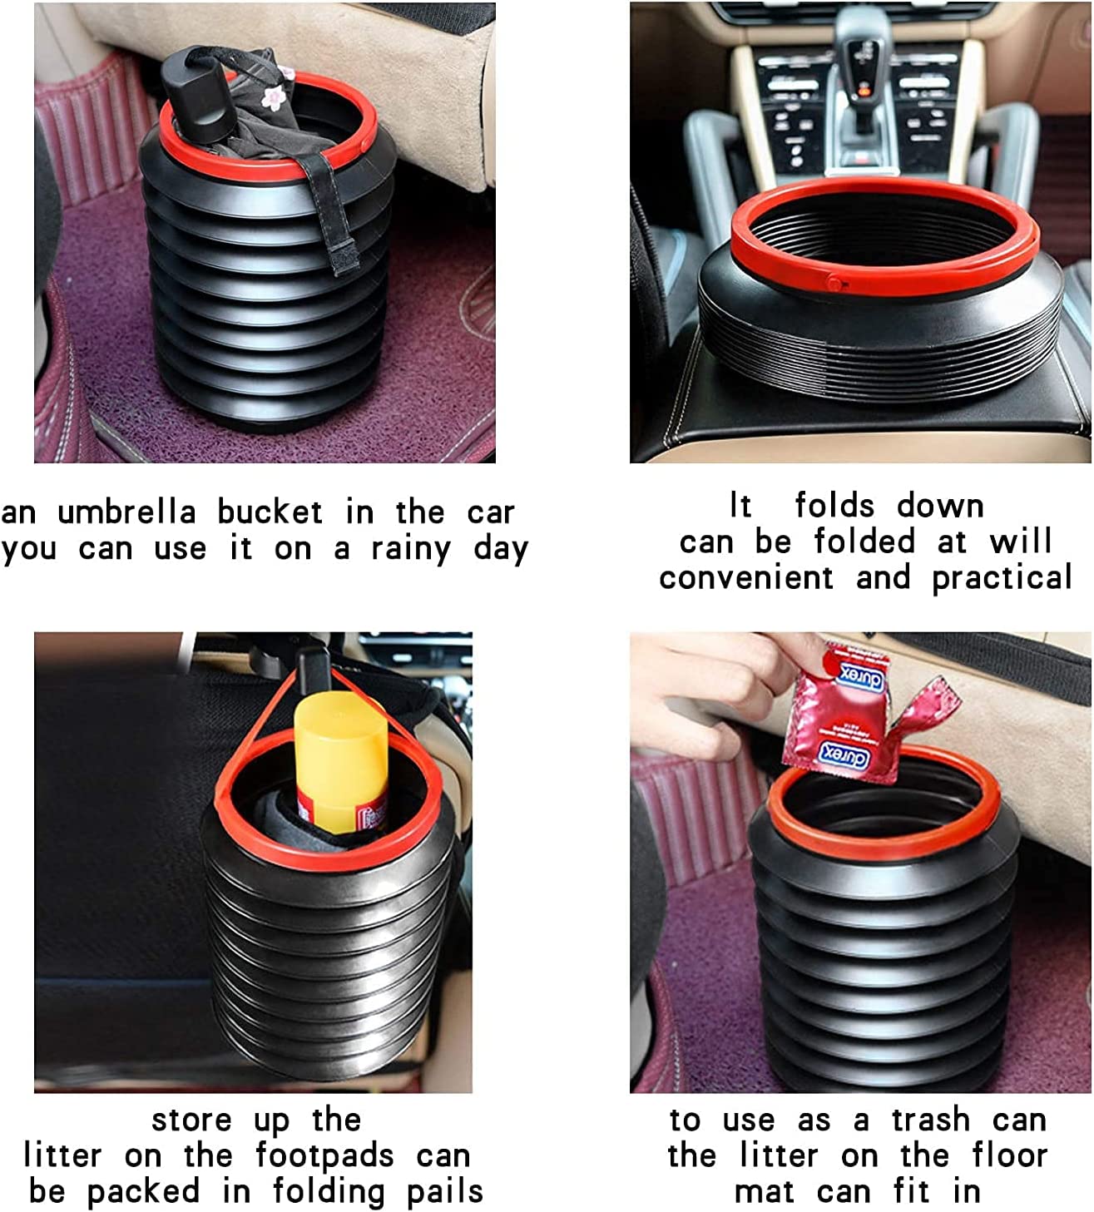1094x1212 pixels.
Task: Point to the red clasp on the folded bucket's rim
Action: (835, 282)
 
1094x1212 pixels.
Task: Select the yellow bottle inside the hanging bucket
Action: (341, 762)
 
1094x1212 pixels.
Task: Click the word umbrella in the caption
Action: (127, 512)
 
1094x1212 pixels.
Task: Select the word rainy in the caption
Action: (411, 550)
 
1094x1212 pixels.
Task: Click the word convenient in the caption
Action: (746, 577)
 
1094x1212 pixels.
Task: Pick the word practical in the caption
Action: (1002, 577)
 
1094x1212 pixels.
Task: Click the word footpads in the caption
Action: (324, 1155)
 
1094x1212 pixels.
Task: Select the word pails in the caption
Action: (445, 1192)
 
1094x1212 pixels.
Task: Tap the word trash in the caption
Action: (931, 1120)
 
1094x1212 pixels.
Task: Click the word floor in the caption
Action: (1009, 1155)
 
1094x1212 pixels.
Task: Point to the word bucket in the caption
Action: (270, 512)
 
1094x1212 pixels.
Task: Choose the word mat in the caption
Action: (764, 1192)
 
